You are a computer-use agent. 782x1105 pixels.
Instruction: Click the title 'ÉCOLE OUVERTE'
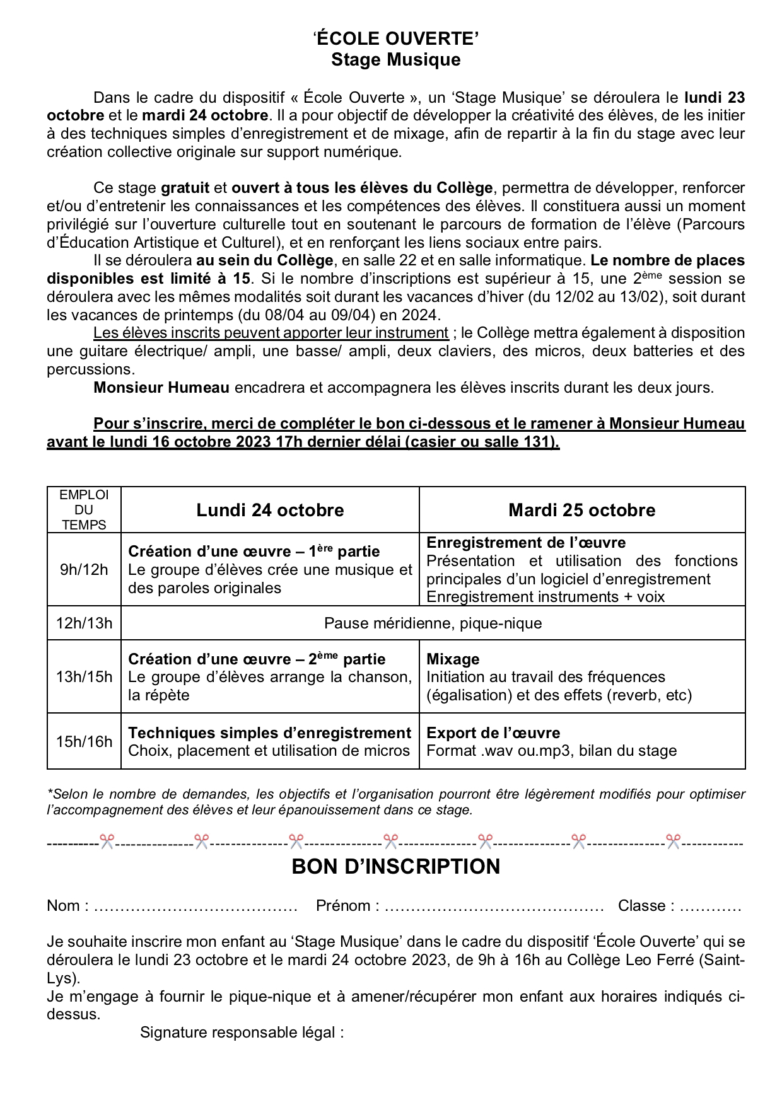tap(396, 39)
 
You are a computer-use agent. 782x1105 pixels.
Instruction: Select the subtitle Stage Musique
tap(396, 60)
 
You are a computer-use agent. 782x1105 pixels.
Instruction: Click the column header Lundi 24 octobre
tap(270, 510)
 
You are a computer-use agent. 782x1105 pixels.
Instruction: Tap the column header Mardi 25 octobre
tap(581, 510)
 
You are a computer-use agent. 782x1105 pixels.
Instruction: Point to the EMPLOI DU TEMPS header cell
tap(84, 510)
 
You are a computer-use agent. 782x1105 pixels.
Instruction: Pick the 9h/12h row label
tap(84, 570)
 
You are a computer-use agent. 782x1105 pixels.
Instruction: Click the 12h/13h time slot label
tap(84, 623)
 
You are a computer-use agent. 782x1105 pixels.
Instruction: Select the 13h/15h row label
tap(84, 677)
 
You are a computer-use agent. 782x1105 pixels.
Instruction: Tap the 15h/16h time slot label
tap(84, 741)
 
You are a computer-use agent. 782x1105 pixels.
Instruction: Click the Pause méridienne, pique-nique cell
tap(433, 623)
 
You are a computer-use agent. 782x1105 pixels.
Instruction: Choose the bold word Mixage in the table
tap(453, 659)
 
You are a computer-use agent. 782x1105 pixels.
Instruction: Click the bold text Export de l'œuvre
tap(493, 733)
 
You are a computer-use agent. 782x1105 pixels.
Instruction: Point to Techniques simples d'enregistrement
tap(269, 733)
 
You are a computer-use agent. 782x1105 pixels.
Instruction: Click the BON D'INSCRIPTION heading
tap(396, 867)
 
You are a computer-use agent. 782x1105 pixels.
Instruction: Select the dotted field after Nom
tap(195, 906)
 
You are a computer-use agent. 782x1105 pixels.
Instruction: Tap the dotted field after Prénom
tap(494, 906)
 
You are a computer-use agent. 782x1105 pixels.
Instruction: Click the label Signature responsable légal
tap(242, 1033)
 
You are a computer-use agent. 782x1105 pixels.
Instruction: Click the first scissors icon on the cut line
tap(107, 842)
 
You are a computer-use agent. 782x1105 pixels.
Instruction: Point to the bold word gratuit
tap(185, 188)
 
